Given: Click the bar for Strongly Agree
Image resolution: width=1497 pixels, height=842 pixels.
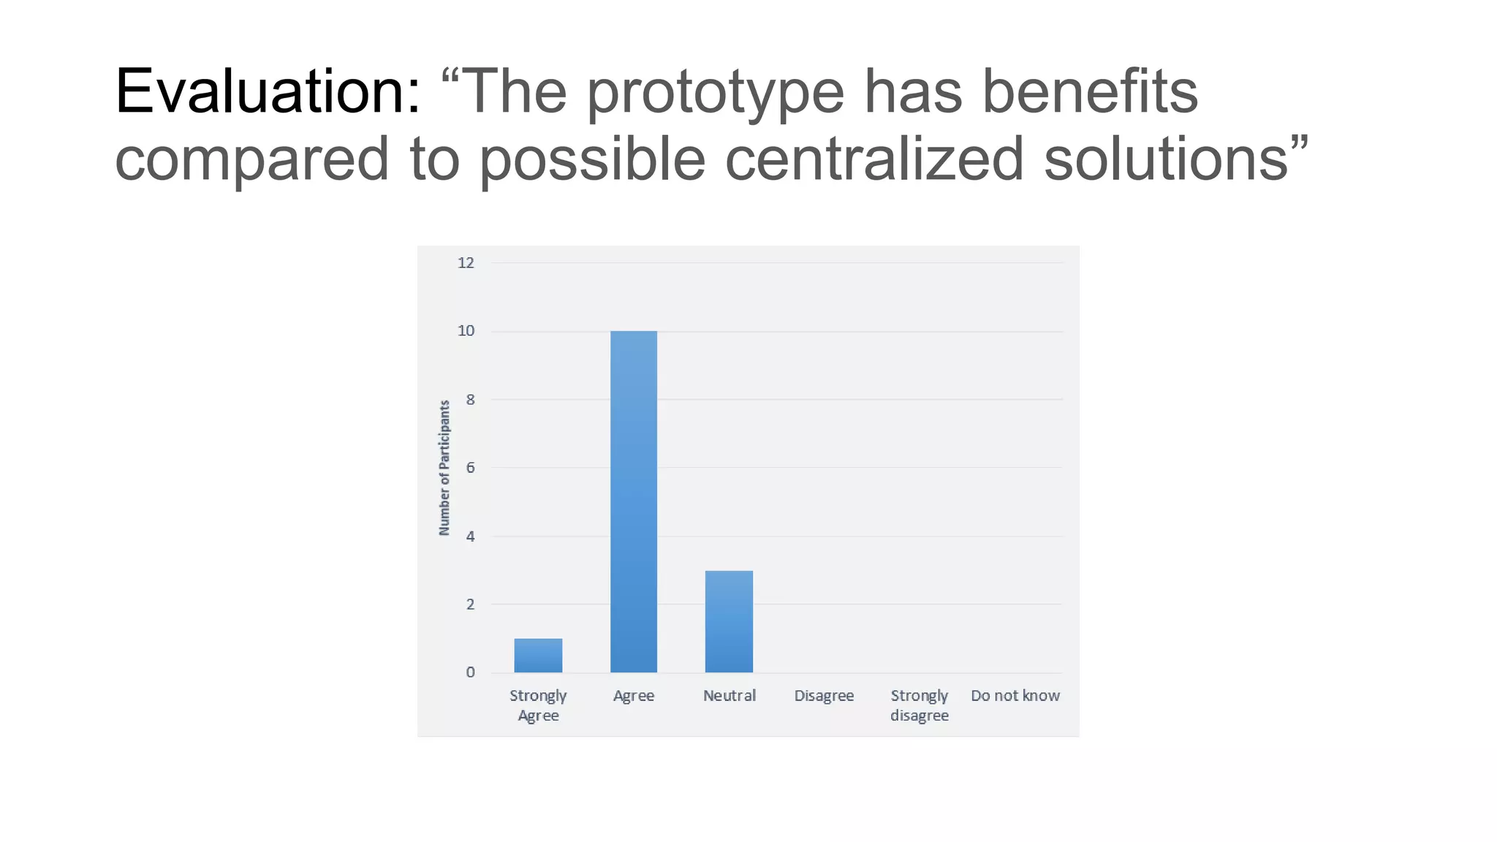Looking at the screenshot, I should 538,656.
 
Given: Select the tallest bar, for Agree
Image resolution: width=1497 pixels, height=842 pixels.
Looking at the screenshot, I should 634,501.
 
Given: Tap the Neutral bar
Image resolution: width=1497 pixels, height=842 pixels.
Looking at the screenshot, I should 729,621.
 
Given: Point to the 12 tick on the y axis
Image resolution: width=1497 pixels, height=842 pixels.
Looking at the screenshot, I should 466,263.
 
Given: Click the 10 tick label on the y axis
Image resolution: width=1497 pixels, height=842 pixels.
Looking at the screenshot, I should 466,331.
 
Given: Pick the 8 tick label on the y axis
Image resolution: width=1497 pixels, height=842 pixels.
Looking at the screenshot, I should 470,400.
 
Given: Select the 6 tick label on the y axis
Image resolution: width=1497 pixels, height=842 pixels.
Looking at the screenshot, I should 470,468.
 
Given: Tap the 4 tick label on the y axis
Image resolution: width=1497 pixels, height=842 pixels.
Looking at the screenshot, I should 470,536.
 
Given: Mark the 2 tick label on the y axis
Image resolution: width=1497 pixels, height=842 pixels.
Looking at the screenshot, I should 470,604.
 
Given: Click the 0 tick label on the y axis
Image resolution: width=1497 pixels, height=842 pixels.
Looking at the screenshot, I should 470,672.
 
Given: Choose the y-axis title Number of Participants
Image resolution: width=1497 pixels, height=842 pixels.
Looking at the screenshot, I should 444,468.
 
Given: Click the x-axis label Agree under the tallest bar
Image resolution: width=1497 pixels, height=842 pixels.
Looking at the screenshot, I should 634,696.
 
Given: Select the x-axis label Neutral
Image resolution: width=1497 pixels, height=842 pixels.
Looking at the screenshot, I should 729,696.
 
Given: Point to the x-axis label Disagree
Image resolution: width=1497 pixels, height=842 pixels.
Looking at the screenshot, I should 824,696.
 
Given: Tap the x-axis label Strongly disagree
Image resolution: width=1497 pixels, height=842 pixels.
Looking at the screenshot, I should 920,705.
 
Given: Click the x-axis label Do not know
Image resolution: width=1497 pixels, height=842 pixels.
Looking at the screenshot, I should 1015,696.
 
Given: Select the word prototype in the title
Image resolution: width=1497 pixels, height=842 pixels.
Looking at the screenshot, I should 715,93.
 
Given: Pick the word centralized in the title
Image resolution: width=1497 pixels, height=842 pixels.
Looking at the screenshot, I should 874,159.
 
